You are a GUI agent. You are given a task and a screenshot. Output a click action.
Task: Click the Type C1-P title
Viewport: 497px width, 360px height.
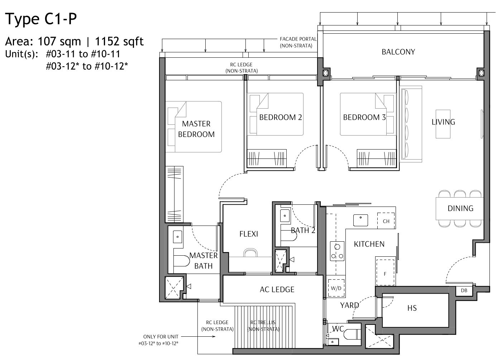pyautogui.click(x=41, y=19)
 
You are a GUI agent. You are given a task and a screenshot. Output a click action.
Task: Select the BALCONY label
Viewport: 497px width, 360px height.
pyautogui.click(x=398, y=52)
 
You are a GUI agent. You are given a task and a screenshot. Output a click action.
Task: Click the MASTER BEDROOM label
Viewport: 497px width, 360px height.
pyautogui.click(x=196, y=129)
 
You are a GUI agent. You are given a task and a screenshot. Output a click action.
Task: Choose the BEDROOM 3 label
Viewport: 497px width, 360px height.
pyautogui.click(x=364, y=117)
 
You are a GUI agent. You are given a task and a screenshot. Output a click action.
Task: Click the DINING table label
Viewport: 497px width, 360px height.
pyautogui.click(x=460, y=208)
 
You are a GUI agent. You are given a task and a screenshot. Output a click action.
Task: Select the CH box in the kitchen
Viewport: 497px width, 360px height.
pyautogui.click(x=386, y=221)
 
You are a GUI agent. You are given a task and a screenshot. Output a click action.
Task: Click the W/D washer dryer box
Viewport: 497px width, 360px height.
pyautogui.click(x=336, y=288)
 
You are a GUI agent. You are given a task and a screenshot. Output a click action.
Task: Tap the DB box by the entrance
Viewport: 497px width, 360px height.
pyautogui.click(x=464, y=291)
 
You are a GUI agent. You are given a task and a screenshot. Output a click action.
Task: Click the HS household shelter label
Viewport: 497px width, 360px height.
pyautogui.click(x=412, y=308)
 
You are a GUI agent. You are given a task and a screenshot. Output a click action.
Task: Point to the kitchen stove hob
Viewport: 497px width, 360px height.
pyautogui.click(x=337, y=251)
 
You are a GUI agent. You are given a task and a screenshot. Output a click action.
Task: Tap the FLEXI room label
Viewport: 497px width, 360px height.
pyautogui.click(x=248, y=234)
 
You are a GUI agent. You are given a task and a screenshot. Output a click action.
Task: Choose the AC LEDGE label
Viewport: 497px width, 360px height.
pyautogui.click(x=277, y=289)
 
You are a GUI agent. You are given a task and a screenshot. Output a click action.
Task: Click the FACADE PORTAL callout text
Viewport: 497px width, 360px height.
pyautogui.click(x=298, y=42)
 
